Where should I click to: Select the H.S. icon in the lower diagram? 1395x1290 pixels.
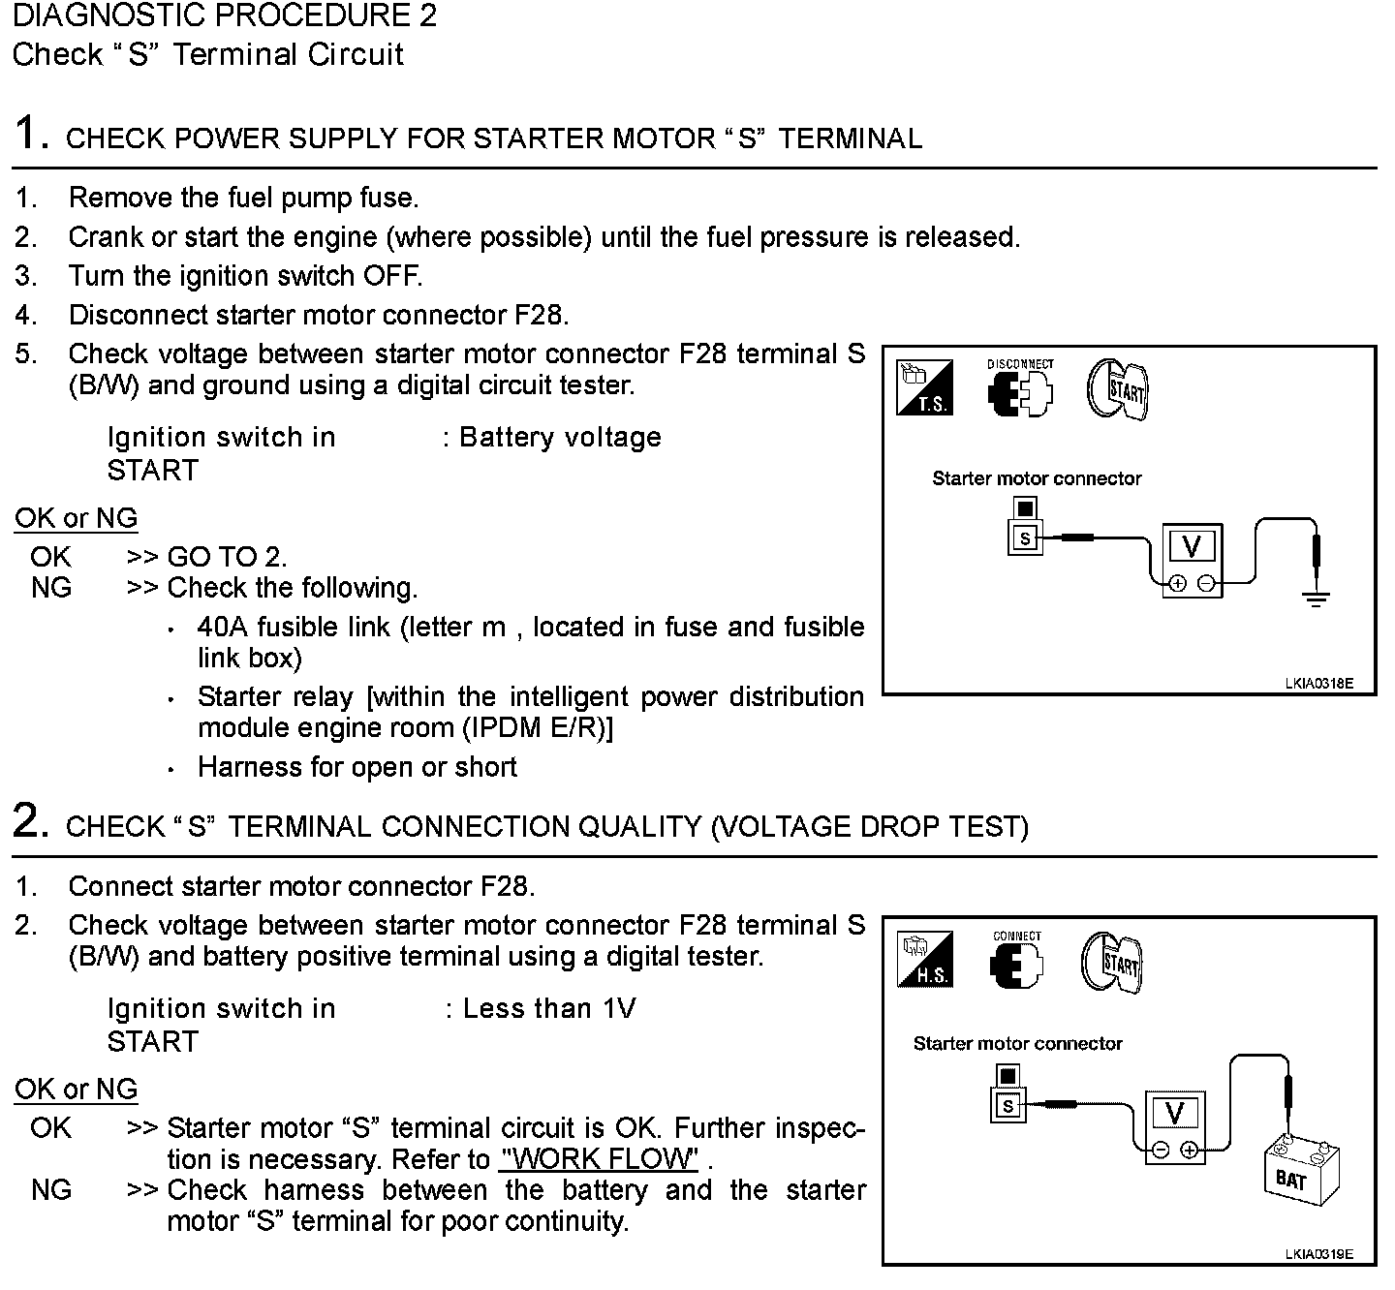pos(925,959)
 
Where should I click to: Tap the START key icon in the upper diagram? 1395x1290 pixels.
pos(1119,389)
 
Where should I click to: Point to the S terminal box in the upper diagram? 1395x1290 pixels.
pos(1025,537)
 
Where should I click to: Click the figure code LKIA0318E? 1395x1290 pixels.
pos(1318,684)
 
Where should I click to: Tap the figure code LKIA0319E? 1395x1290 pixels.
pos(1318,1254)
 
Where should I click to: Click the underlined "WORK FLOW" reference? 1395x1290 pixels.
pos(600,1158)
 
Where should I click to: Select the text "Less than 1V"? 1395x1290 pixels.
pos(549,1009)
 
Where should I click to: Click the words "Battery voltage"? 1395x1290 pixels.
pos(560,438)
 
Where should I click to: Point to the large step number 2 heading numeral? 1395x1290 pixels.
pos(31,821)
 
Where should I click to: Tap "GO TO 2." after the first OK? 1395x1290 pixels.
pos(227,557)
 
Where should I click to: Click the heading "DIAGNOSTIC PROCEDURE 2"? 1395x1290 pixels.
pos(225,15)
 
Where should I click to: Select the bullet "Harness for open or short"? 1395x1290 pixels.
pos(356,767)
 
